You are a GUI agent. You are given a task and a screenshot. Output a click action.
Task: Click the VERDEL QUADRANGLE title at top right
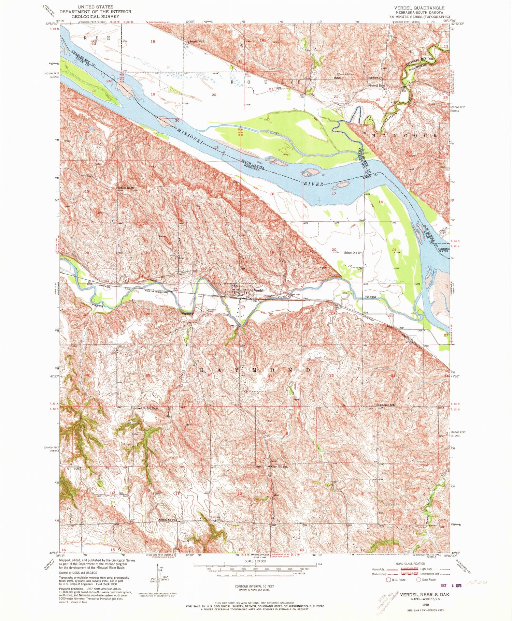click(x=424, y=8)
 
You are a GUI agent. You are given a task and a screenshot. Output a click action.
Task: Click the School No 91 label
click(x=352, y=253)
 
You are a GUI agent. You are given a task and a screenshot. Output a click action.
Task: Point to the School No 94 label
click(x=167, y=520)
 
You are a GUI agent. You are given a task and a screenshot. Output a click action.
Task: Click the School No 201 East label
click(x=146, y=408)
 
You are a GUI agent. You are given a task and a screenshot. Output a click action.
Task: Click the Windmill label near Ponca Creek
click(x=212, y=310)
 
